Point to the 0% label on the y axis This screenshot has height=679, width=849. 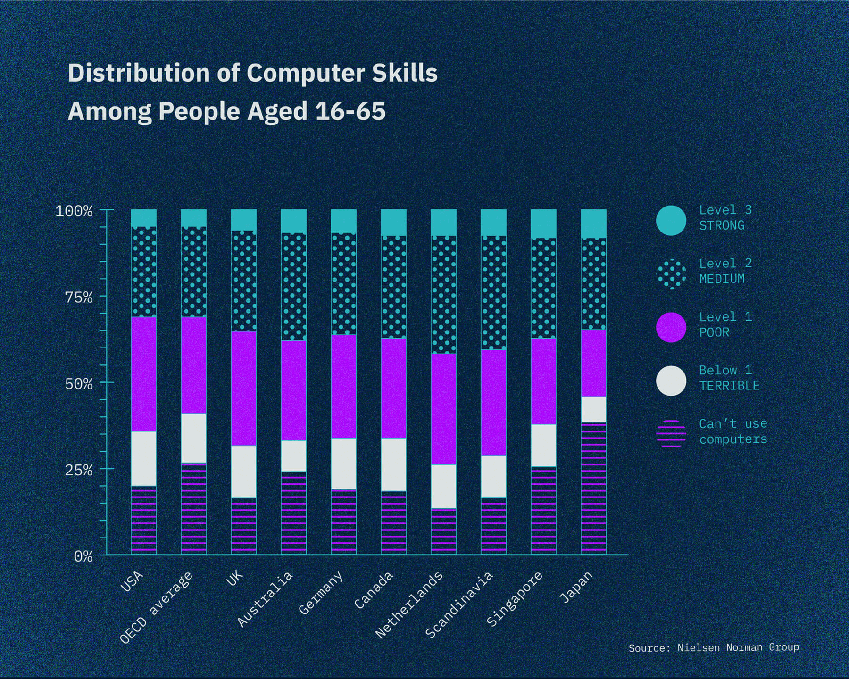coord(83,556)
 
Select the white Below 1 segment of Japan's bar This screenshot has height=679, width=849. coord(593,409)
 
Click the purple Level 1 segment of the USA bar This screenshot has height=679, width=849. coord(144,374)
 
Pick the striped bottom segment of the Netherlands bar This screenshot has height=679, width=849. coord(443,531)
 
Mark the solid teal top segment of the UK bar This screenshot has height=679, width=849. coord(244,220)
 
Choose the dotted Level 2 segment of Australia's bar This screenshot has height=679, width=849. coord(293,287)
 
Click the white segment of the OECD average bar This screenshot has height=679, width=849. coord(194,438)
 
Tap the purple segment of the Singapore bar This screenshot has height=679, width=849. coord(543,381)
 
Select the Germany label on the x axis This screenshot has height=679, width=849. coord(321,593)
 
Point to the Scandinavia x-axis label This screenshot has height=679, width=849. coord(459,604)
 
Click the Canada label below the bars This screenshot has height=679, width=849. coord(374,589)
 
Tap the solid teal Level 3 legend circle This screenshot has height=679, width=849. coord(671,220)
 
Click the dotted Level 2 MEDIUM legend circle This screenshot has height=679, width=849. coord(671,273)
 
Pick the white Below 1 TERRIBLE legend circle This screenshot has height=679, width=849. coord(671,381)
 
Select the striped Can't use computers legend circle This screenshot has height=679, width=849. coord(671,433)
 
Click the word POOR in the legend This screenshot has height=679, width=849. coord(714,332)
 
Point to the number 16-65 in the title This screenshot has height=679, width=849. coord(350,112)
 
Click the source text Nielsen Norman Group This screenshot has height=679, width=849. coord(738,647)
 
